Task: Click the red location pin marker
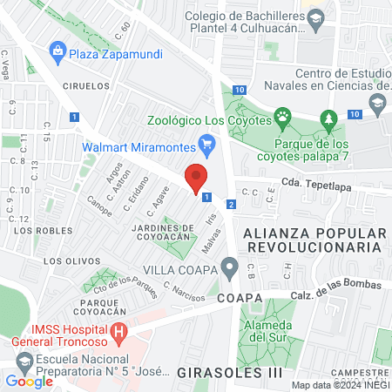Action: pyautogui.click(x=198, y=178)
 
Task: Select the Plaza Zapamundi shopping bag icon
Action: pyautogui.click(x=57, y=51)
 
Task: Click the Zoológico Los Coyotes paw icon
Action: pyautogui.click(x=282, y=115)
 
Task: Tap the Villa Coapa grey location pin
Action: pyautogui.click(x=229, y=266)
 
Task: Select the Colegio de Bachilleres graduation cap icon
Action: pyautogui.click(x=316, y=18)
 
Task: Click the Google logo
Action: pyautogui.click(x=30, y=381)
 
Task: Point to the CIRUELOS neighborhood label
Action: pyautogui.click(x=86, y=86)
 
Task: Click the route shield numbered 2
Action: pyautogui.click(x=230, y=204)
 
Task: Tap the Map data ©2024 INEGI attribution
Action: pyautogui.click(x=339, y=385)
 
